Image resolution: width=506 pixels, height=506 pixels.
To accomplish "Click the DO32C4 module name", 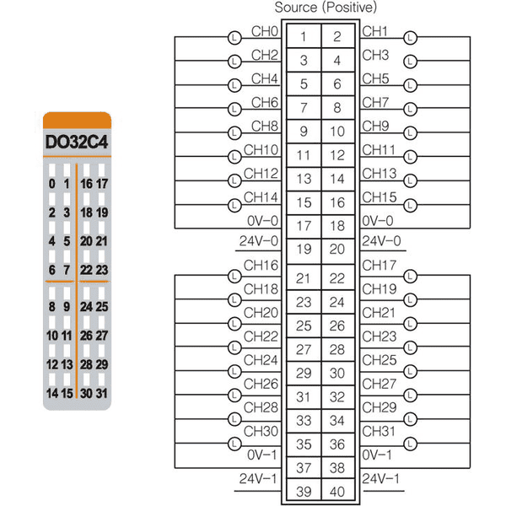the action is (77, 142).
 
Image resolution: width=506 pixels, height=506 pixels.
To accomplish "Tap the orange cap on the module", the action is (77, 121).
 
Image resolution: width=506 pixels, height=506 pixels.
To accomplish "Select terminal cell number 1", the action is (304, 36).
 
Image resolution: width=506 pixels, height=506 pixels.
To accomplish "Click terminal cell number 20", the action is (337, 249).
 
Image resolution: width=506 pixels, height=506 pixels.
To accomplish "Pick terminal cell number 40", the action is (337, 492).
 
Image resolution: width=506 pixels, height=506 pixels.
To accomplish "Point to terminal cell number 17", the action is (304, 226).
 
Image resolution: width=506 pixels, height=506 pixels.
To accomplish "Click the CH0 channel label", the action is (265, 31).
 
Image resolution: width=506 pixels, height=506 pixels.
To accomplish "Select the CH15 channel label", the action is (379, 197).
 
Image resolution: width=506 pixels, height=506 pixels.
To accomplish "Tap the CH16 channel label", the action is (261, 266).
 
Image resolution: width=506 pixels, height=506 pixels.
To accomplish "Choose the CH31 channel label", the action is (379, 431).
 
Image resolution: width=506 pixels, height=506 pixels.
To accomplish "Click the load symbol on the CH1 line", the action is (411, 37).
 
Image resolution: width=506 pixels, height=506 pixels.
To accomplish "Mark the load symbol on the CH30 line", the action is (234, 444).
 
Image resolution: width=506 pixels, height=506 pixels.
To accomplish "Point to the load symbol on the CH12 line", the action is (234, 180).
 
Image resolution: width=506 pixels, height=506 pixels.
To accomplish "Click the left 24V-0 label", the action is (259, 241).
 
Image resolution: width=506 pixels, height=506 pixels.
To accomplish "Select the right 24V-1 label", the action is (381, 478).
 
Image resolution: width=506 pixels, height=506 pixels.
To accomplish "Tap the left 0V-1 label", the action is (262, 455).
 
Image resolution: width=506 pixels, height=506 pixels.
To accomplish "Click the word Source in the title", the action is (296, 8).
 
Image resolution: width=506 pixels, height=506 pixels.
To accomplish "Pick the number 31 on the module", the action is (102, 393).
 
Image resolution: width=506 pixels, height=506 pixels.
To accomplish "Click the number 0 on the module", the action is (52, 184).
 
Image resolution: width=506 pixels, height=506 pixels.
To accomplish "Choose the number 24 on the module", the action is (87, 307).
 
